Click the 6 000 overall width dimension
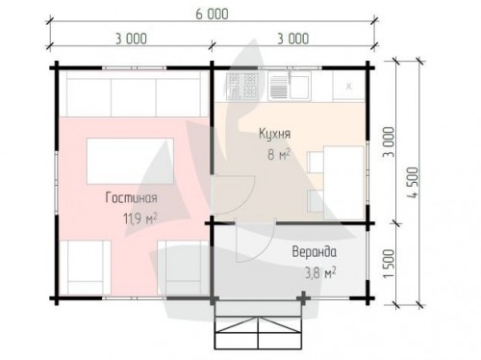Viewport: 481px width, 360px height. pyautogui.click(x=212, y=14)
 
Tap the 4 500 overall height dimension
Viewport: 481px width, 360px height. pyautogui.click(x=414, y=182)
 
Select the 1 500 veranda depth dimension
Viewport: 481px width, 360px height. pyautogui.click(x=389, y=264)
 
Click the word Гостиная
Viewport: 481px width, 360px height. pyautogui.click(x=132, y=197)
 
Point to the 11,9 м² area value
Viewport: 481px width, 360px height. pyautogui.click(x=140, y=219)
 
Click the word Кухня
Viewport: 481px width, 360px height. pyautogui.click(x=275, y=134)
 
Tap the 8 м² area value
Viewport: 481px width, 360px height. pyautogui.click(x=279, y=154)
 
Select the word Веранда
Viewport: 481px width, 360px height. pyautogui.click(x=315, y=252)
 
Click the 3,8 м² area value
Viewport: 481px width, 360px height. pyautogui.click(x=319, y=273)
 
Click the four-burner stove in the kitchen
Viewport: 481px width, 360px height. pyautogui.click(x=241, y=86)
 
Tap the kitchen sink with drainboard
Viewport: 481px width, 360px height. pyautogui.click(x=290, y=86)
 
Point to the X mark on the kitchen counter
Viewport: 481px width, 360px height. pyautogui.click(x=349, y=87)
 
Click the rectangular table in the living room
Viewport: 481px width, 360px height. pyautogui.click(x=130, y=161)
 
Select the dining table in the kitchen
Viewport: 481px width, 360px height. pyautogui.click(x=343, y=183)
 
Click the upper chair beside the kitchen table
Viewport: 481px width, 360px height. pyautogui.click(x=316, y=162)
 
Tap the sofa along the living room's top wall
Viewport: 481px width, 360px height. pyautogui.click(x=134, y=93)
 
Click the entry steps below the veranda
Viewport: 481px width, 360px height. pyautogui.click(x=258, y=325)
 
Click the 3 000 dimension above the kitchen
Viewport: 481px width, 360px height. pyautogui.click(x=293, y=39)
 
